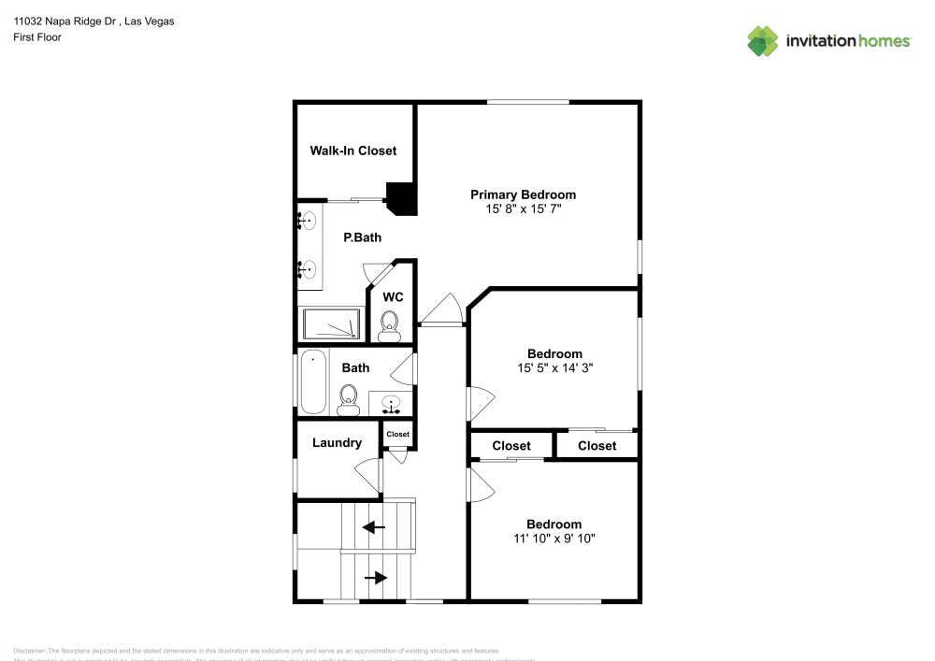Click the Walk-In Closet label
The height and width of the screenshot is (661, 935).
point(353,151)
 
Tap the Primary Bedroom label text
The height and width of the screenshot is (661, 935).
point(523,194)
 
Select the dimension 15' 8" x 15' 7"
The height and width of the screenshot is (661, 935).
point(523,209)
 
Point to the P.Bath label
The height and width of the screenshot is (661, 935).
point(362,238)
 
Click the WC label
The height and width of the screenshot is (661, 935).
point(394,297)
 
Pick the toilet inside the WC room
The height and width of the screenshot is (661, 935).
point(390,325)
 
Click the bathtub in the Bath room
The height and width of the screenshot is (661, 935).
point(312,381)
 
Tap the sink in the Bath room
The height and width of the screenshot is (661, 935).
point(392,405)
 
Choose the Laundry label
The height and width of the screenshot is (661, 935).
point(337,442)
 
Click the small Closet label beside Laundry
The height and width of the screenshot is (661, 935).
point(397,434)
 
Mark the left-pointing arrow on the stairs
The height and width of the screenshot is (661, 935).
point(374,527)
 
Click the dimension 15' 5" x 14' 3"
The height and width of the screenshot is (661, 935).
point(554,368)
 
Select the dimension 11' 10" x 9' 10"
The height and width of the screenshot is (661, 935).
point(554,539)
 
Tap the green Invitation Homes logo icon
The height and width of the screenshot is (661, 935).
point(763,40)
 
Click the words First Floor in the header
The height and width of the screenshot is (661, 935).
point(37,37)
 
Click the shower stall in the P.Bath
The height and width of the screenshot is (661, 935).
point(331,323)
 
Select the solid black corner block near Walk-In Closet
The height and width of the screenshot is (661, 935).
point(403,197)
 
